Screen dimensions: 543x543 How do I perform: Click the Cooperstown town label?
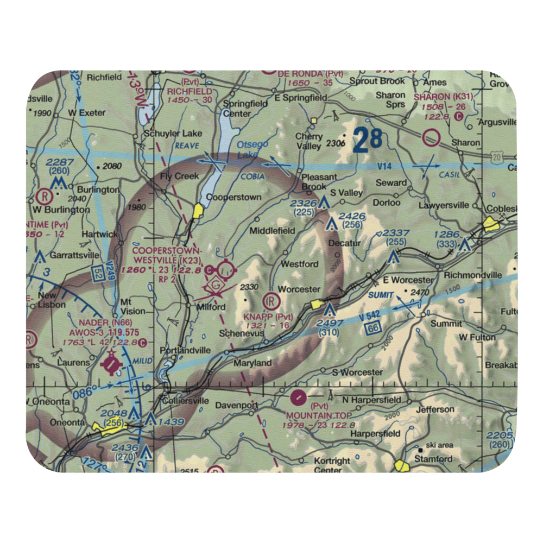pos(234,198)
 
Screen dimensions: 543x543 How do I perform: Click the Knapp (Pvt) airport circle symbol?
pos(270,299)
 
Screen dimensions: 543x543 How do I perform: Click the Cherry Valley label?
pos(309,141)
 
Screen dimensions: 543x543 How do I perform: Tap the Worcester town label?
pos(299,289)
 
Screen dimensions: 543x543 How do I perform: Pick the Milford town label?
pos(210,307)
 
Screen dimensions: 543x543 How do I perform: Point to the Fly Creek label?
pos(179,176)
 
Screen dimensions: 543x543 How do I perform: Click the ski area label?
pos(439,445)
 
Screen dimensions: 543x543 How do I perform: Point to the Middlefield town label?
pos(272,231)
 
